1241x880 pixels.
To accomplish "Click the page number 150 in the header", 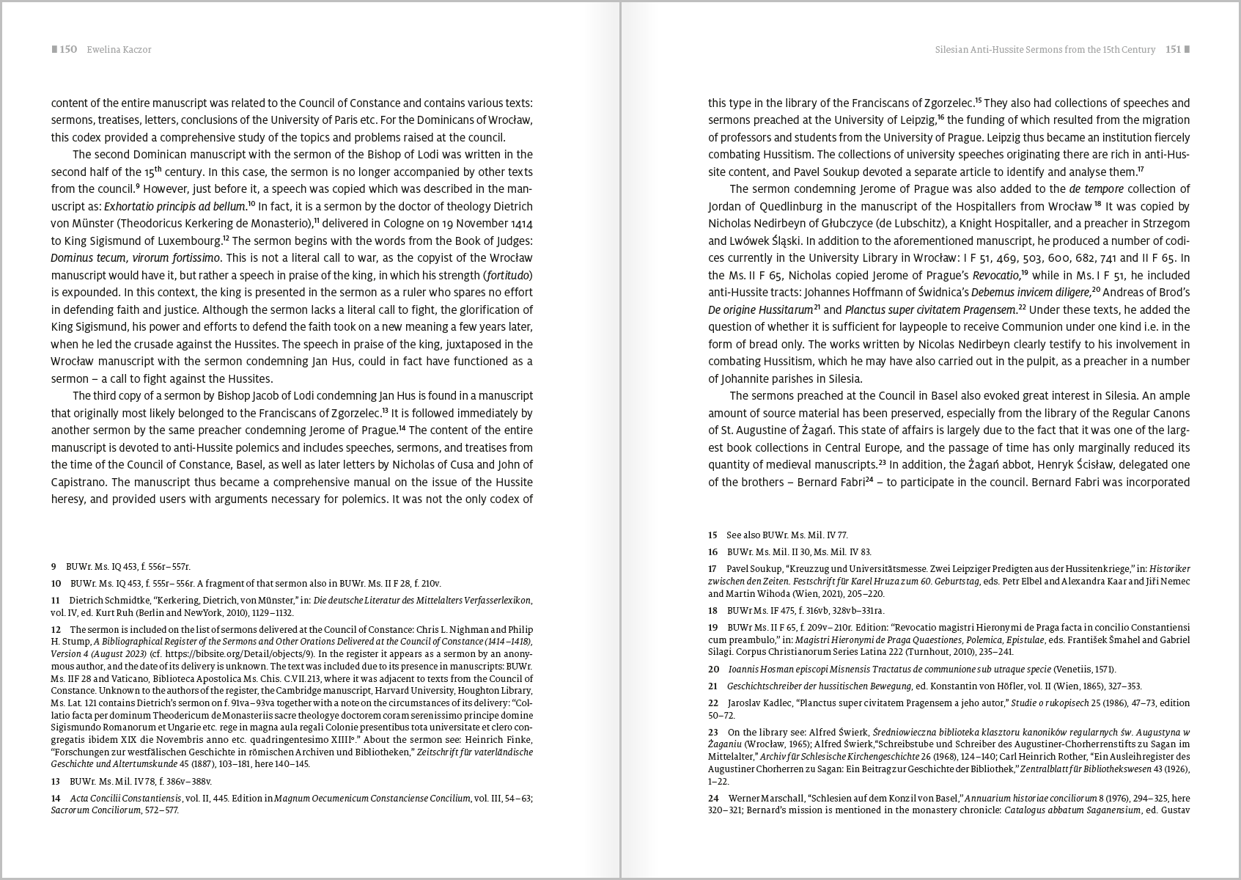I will [x=68, y=50].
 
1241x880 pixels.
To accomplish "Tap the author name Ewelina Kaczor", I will [x=119, y=50].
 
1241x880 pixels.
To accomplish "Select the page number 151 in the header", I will [x=1174, y=50].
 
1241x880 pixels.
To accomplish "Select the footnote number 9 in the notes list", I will [x=54, y=567].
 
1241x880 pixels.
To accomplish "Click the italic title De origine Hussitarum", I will [x=760, y=309].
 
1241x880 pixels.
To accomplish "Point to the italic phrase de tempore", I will [x=1097, y=189].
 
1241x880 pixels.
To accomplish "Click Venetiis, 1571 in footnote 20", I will [x=1085, y=669].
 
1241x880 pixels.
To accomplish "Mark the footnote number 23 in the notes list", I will [x=713, y=732].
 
